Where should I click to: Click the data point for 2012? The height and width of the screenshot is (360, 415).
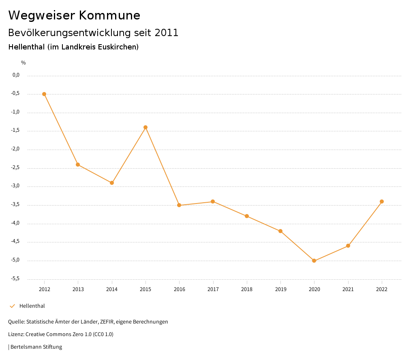pyautogui.click(x=44, y=94)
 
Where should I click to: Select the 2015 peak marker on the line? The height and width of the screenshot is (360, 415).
pyautogui.click(x=145, y=127)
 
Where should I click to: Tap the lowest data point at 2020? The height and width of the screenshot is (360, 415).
pyautogui.click(x=314, y=261)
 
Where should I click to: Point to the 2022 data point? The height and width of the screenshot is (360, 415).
pyautogui.click(x=382, y=201)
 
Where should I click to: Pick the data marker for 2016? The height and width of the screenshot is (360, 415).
pyautogui.click(x=179, y=205)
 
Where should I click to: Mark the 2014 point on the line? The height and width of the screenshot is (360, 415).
pyautogui.click(x=112, y=183)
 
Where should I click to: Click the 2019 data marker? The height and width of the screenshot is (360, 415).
pyautogui.click(x=280, y=231)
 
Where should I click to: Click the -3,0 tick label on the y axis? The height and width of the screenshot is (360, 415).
pyautogui.click(x=16, y=186)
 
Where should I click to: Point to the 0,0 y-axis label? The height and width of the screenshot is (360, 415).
pyautogui.click(x=16, y=75)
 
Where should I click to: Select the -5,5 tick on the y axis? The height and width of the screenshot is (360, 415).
pyautogui.click(x=16, y=279)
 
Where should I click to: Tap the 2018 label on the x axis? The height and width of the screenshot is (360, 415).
pyautogui.click(x=247, y=289)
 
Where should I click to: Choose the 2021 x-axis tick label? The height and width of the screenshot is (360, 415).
pyautogui.click(x=348, y=289)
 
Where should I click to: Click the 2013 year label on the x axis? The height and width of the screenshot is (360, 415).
pyautogui.click(x=78, y=289)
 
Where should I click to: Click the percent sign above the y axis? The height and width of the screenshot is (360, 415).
pyautogui.click(x=24, y=63)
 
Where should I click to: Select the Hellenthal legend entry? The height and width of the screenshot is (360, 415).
pyautogui.click(x=32, y=306)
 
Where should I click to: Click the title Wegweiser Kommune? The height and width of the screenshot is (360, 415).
pyautogui.click(x=74, y=15)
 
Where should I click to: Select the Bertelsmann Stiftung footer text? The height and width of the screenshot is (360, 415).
pyautogui.click(x=36, y=347)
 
